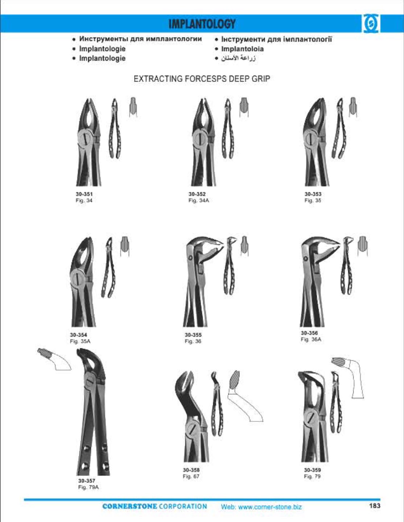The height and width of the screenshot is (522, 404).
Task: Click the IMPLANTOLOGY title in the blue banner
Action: [202, 24]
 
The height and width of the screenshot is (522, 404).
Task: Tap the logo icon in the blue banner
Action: [371, 24]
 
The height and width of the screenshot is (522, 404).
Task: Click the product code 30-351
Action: [84, 194]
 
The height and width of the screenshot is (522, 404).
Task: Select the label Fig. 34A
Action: [199, 200]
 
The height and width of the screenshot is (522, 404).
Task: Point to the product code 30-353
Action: [313, 194]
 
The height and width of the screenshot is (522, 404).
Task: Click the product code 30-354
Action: [78, 334]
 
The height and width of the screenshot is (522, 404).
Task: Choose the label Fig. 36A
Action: [311, 339]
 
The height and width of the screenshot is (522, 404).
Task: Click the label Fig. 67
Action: [191, 476]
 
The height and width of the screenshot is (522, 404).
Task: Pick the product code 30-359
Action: [312, 470]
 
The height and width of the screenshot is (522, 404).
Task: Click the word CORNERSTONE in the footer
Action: [129, 506]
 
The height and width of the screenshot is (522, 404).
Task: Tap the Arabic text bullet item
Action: [236, 59]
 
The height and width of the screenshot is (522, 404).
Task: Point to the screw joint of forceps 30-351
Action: [85, 139]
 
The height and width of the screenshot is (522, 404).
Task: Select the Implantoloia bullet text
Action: [242, 49]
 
